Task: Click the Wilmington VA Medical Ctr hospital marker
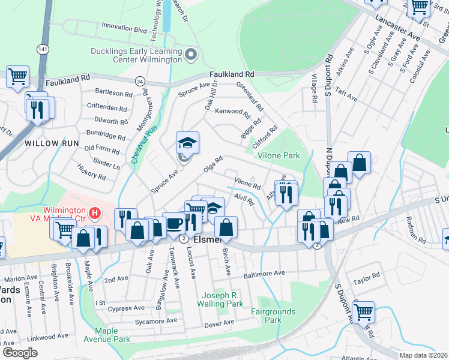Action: pos(94,212)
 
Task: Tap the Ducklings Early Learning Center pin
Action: pos(191,55)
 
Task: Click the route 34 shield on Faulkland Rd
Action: pos(140,80)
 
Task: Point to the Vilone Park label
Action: pos(279,155)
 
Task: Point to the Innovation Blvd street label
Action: pos(124,27)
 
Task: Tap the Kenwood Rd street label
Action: pos(232,112)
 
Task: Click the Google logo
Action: pos(20,353)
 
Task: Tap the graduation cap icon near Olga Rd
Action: pos(187,143)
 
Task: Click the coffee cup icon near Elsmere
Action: pos(174,223)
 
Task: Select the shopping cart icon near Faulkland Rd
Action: pos(18,76)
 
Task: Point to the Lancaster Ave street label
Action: pos(396,29)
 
